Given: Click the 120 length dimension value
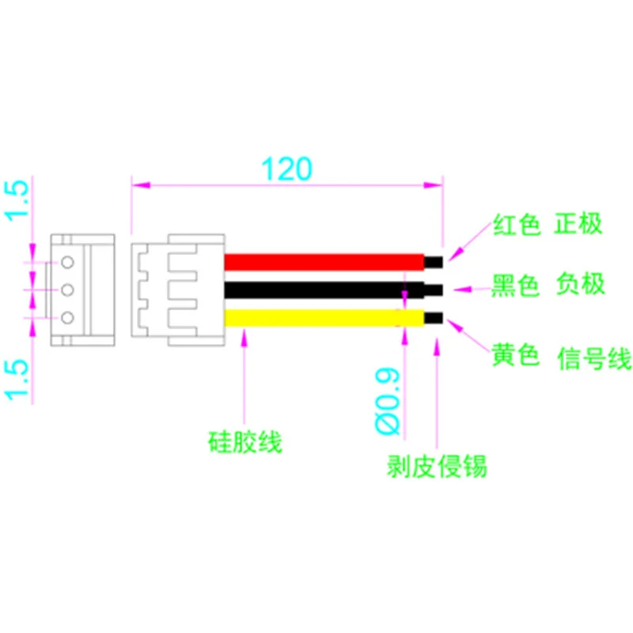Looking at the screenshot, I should coord(287,168).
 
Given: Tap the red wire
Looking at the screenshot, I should coord(324,261).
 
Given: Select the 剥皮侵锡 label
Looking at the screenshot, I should coord(437,467).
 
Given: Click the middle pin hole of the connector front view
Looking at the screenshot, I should coord(67,290).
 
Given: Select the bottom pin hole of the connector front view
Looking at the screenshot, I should coord(67,318).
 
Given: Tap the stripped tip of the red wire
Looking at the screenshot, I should coord(434,261).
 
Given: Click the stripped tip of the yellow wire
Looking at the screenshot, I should coord(434,318).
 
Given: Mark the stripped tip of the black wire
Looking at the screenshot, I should coord(434,290).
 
